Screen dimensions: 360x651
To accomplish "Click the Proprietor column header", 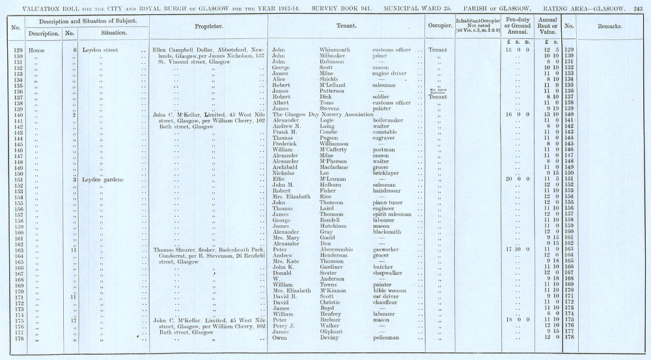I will pyautogui.click(x=209, y=27).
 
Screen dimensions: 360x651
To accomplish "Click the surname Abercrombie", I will pyautogui.click(x=340, y=249).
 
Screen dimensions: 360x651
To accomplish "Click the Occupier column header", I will pyautogui.click(x=440, y=27).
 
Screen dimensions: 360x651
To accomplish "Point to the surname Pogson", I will pyautogui.click(x=330, y=138).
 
